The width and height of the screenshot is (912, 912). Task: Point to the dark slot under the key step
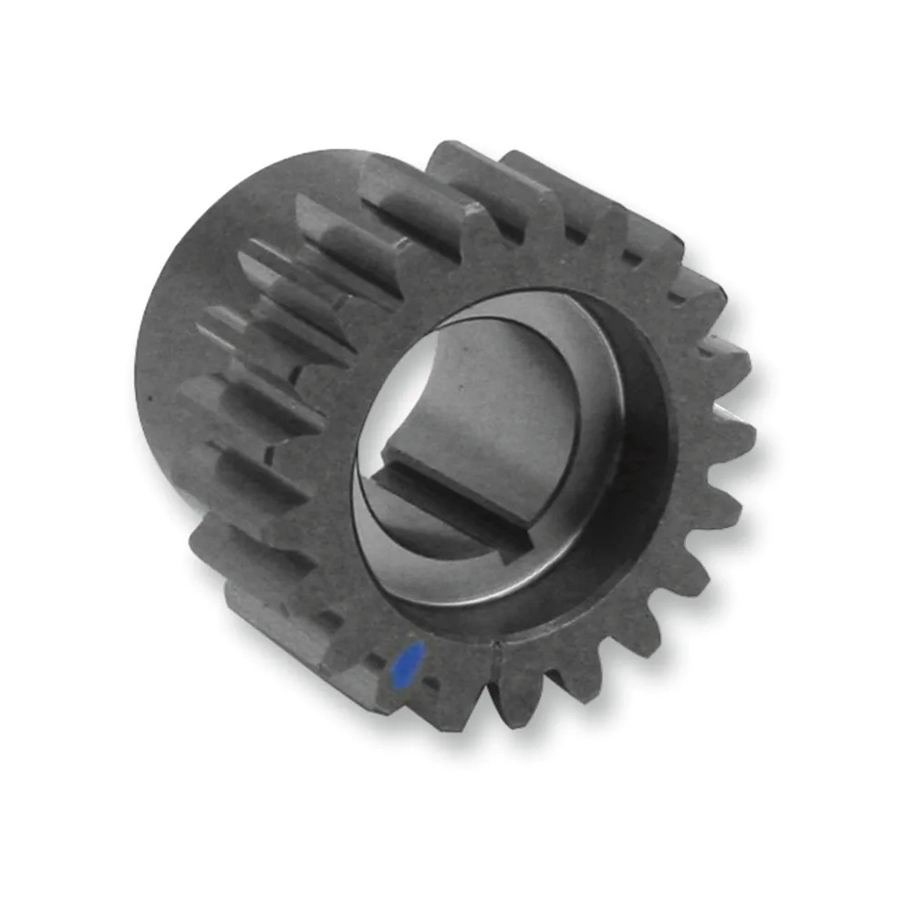[456, 511]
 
